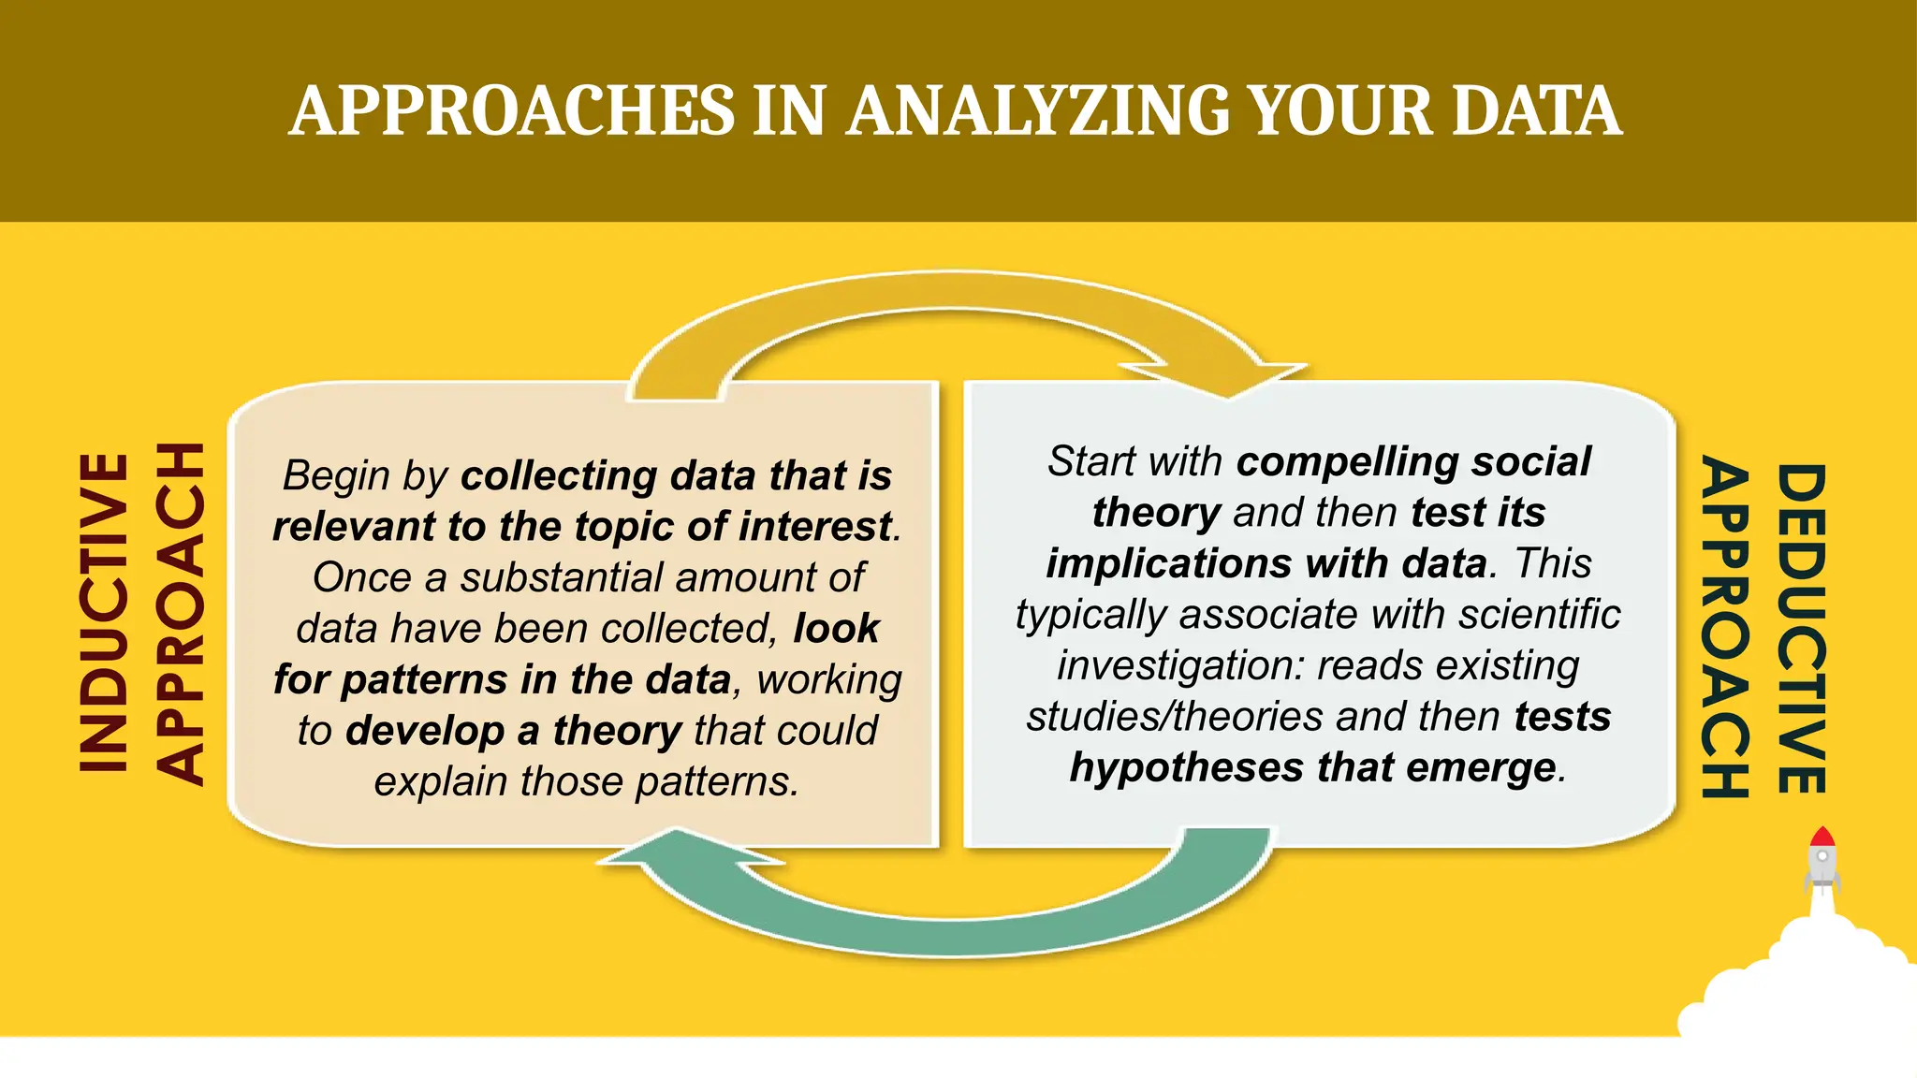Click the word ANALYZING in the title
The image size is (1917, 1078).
click(x=1040, y=111)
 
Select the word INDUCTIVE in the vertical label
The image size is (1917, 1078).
click(x=103, y=613)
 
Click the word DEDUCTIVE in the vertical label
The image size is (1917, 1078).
click(x=1801, y=629)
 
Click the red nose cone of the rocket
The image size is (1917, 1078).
click(x=1822, y=836)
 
